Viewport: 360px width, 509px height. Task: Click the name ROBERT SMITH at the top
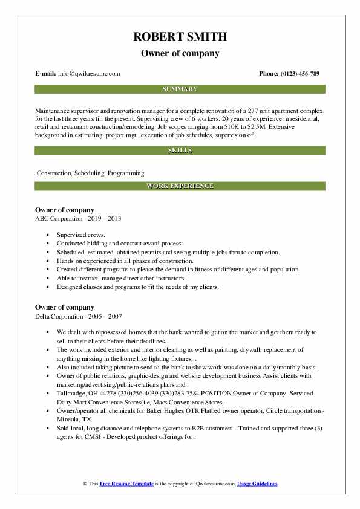[180, 37]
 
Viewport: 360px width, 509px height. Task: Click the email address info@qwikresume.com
[89, 74]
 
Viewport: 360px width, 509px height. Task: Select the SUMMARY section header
[180, 89]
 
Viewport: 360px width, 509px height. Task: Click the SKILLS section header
[180, 150]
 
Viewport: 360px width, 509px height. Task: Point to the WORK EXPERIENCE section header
[180, 186]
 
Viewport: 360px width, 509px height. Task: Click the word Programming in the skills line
[126, 173]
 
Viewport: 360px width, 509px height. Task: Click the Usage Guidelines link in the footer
[257, 484]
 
